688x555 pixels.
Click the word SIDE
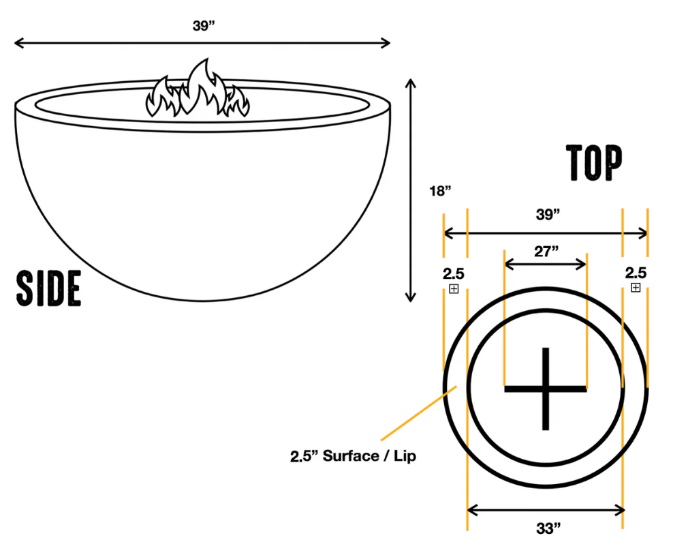pyautogui.click(x=49, y=288)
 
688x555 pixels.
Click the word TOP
pyautogui.click(x=595, y=164)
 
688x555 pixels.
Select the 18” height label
pyautogui.click(x=441, y=191)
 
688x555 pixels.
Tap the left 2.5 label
pyautogui.click(x=454, y=274)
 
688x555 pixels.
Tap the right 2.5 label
pyautogui.click(x=636, y=273)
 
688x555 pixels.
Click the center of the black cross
pyautogui.click(x=545, y=389)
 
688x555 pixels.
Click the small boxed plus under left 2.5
pyautogui.click(x=454, y=289)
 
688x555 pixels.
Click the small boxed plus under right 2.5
pyautogui.click(x=636, y=288)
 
